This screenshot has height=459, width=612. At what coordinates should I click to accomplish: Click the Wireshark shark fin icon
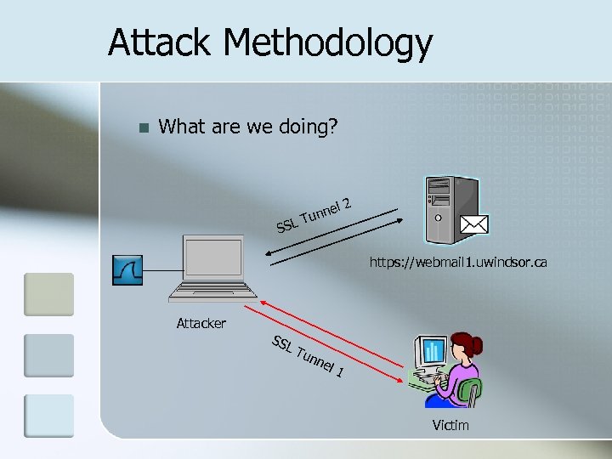pyautogui.click(x=127, y=269)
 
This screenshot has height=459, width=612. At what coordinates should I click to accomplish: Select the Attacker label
pyautogui.click(x=201, y=323)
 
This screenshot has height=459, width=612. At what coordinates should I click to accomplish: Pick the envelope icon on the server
pyautogui.click(x=473, y=224)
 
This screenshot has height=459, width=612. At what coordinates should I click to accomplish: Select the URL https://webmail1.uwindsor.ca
pyautogui.click(x=457, y=263)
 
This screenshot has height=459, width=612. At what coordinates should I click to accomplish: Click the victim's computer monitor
pyautogui.click(x=431, y=351)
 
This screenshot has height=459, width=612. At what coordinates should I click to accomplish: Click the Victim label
pyautogui.click(x=450, y=424)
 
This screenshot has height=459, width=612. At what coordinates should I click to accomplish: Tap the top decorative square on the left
pyautogui.click(x=48, y=294)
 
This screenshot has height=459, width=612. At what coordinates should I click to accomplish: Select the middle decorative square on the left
pyautogui.click(x=48, y=354)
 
